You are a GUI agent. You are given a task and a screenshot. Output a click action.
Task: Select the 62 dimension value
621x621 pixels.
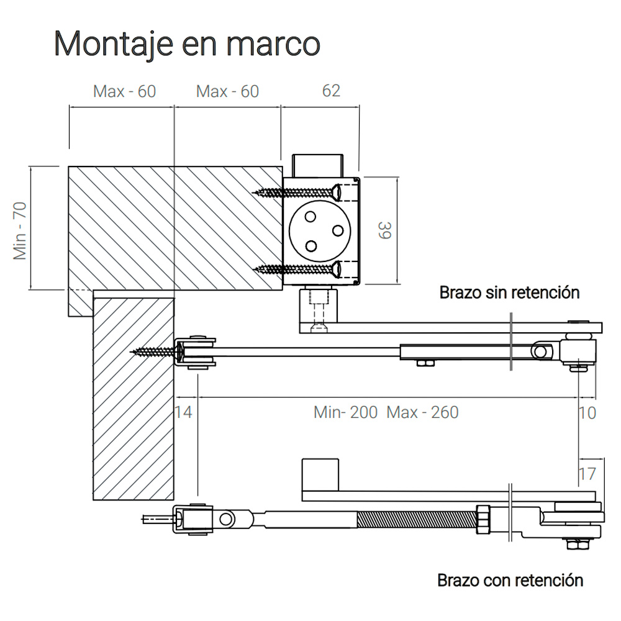coord(331,91)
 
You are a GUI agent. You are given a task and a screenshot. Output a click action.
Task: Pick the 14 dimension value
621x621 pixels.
coord(183,412)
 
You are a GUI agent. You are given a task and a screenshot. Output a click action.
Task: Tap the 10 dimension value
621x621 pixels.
coord(586,412)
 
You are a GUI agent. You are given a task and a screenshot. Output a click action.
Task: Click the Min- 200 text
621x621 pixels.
coord(345,412)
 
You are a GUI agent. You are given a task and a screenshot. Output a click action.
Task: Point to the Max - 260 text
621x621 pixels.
coord(422,412)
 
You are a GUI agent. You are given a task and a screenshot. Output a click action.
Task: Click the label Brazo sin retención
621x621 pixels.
coord(509,292)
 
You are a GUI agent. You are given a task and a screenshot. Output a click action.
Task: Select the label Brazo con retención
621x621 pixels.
coord(510,581)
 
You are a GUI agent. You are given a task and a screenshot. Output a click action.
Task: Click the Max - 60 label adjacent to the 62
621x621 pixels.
coord(227,91)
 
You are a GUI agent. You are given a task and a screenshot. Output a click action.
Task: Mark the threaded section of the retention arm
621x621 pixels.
coord(416,519)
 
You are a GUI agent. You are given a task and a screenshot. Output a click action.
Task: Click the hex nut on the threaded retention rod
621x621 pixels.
coord(483,519)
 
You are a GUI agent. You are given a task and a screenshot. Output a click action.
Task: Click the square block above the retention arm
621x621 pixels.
coord(320,474)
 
